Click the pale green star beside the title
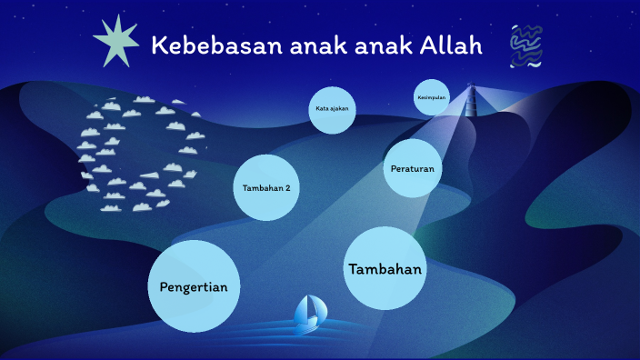(116, 41)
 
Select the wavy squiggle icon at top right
(526, 46)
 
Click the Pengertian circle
(194, 285)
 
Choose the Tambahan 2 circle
(266, 187)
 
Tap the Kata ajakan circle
(331, 110)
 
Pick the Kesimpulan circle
(432, 98)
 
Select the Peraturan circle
(412, 168)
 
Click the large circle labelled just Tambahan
(385, 268)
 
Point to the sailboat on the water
(309, 313)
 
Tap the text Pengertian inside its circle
(194, 286)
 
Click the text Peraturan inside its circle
(412, 169)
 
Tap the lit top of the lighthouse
(471, 89)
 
